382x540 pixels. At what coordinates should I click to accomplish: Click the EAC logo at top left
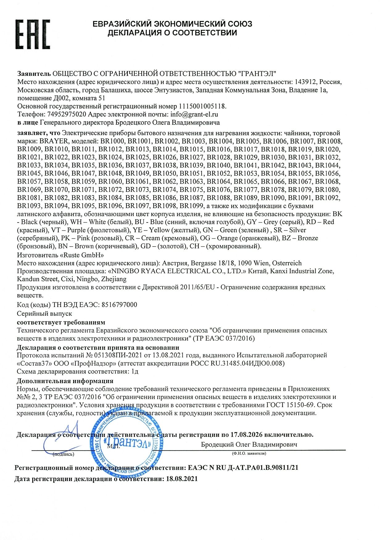click(x=33, y=34)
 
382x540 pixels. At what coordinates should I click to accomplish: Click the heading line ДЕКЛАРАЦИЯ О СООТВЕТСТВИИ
click(x=172, y=33)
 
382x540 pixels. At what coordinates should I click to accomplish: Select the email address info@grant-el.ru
click(x=194, y=114)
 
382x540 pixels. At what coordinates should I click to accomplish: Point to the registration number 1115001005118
click(x=202, y=106)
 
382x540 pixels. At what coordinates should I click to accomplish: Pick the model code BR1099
click(x=191, y=206)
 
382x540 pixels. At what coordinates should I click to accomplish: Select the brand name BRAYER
click(x=53, y=141)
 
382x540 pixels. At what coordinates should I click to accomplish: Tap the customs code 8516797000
click(x=119, y=305)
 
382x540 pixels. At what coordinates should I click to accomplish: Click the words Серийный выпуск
click(x=44, y=313)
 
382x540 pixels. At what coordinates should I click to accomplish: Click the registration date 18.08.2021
click(x=182, y=479)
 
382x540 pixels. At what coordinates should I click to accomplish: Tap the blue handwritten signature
click(x=62, y=438)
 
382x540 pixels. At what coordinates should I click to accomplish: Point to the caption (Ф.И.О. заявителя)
click(x=249, y=453)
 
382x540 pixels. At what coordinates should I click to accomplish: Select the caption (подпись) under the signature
click(x=64, y=454)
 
